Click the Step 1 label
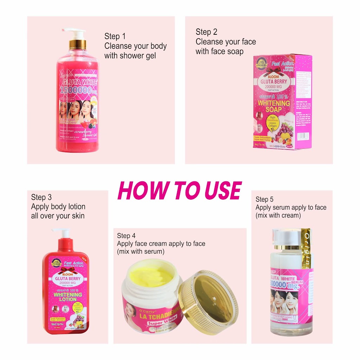pyautogui.click(x=115, y=36)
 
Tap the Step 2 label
pyautogui.click(x=206, y=32)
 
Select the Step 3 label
pyautogui.click(x=41, y=197)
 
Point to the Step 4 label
pyautogui.click(x=126, y=236)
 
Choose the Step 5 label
pyautogui.click(x=265, y=199)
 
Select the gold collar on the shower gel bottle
pyautogui.click(x=78, y=44)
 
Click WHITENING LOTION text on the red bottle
pyautogui.click(x=68, y=297)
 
